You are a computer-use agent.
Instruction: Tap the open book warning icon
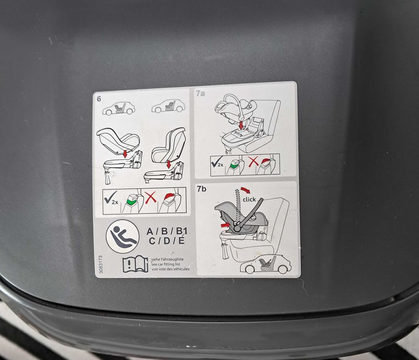(135, 264)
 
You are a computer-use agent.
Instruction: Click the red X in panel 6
(150, 201)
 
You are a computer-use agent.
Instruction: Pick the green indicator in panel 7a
(234, 166)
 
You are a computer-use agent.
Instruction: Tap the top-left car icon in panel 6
(119, 108)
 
